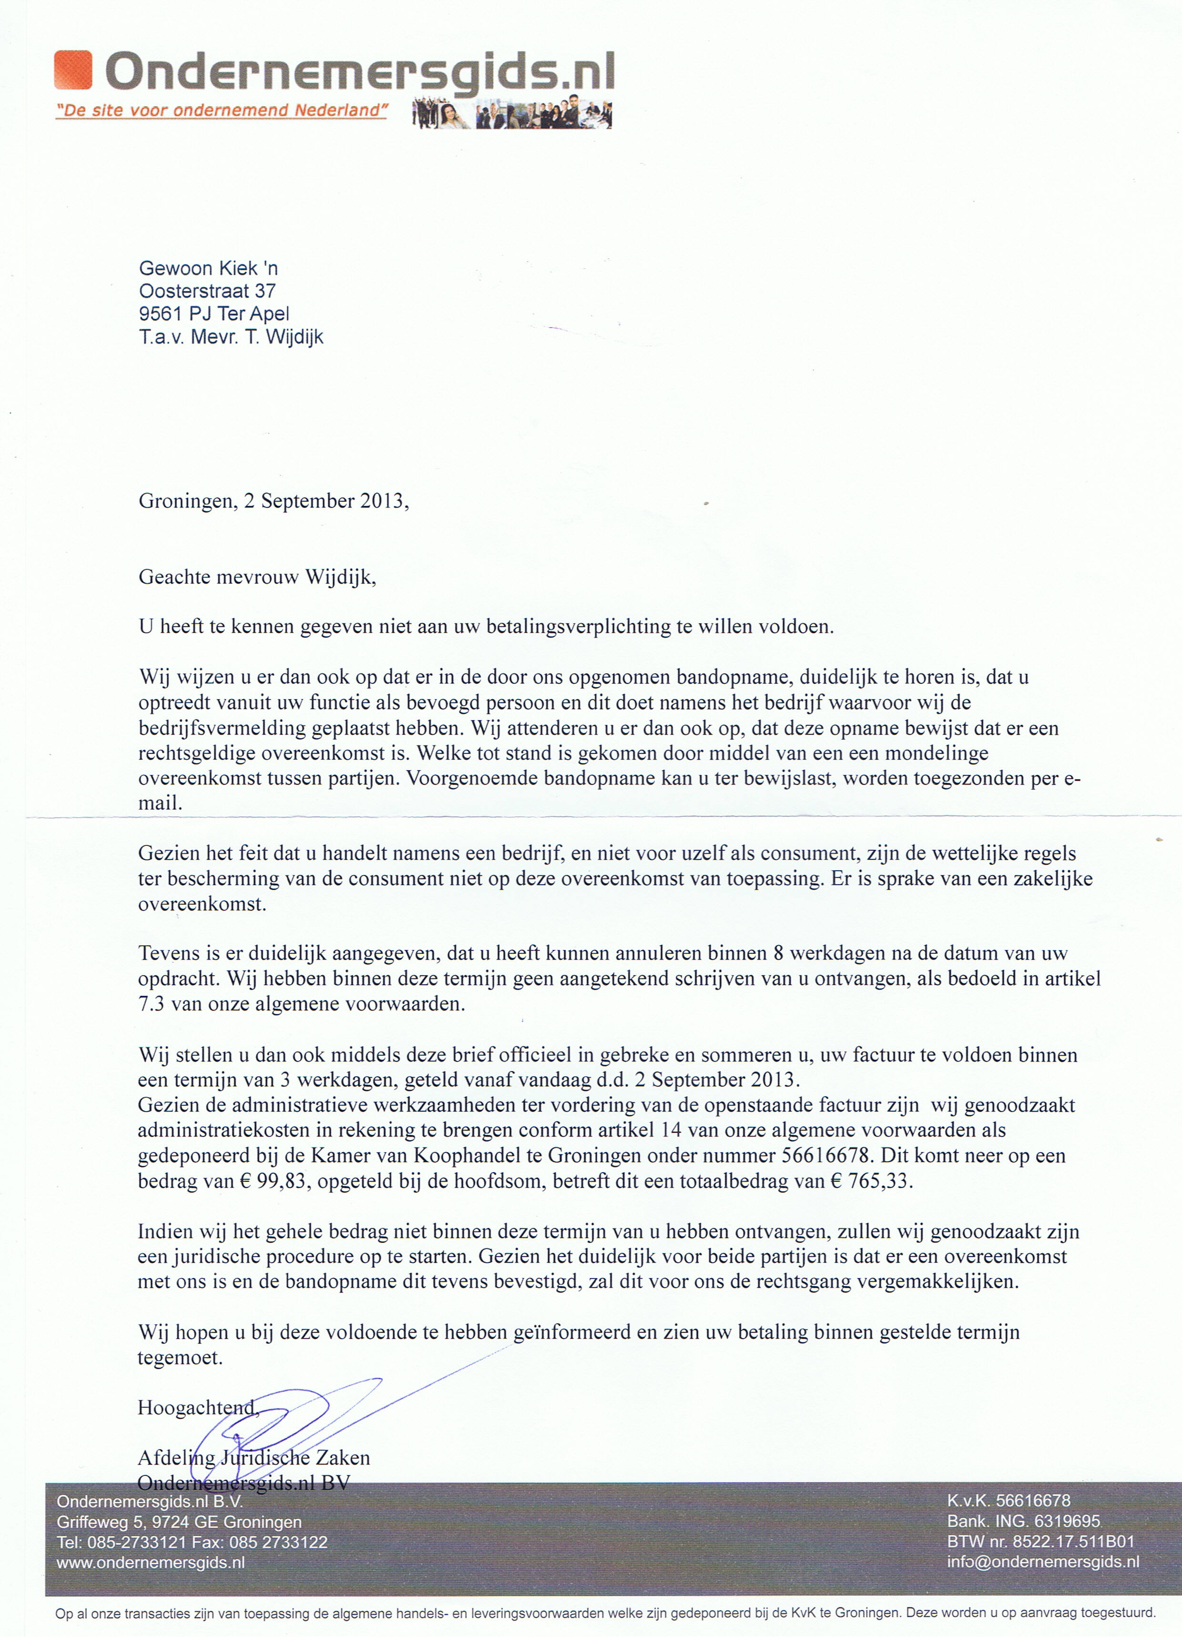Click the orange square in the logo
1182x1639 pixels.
73,70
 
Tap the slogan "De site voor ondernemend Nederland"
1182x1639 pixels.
222,111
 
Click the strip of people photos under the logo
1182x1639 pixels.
511,113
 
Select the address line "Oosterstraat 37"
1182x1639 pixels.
207,291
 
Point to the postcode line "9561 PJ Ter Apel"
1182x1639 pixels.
214,314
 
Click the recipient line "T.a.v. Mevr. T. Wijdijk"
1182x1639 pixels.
231,337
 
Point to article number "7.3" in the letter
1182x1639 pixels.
152,1004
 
